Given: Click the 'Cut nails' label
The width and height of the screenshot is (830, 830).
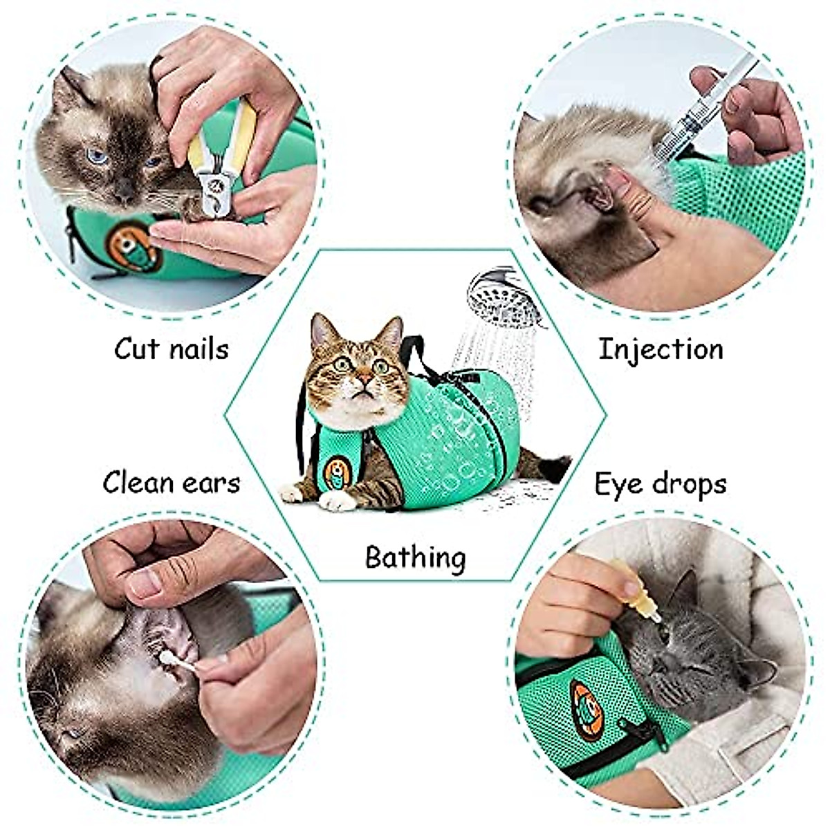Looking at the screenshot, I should click(171, 348).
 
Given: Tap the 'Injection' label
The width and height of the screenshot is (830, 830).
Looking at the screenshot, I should click(660, 348).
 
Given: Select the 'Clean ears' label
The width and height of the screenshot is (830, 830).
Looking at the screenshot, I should click(171, 482).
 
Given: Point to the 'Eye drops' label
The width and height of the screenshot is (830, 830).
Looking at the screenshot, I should click(660, 483).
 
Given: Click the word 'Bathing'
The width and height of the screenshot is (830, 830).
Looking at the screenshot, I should click(415, 557).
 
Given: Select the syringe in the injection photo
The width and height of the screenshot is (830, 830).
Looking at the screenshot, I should click(699, 114).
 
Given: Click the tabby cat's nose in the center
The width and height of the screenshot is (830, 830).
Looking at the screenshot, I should click(361, 381).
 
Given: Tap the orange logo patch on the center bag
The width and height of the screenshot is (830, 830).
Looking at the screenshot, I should click(337, 473).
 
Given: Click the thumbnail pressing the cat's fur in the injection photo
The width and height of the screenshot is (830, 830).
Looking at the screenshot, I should click(618, 181).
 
